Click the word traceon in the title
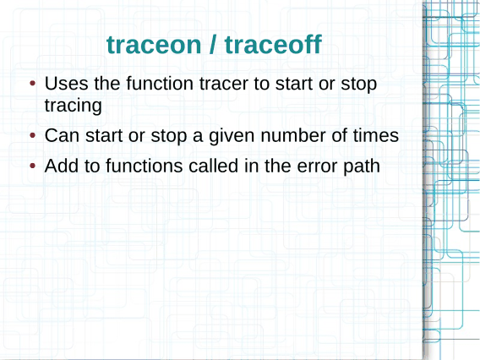pos(154,46)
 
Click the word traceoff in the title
pos(273,45)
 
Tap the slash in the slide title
pos(213,45)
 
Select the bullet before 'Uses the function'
pos(33,84)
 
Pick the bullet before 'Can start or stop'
pos(33,135)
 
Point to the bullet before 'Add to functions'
pos(33,166)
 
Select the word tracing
pos(74,106)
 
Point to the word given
pos(232,136)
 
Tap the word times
pos(376,135)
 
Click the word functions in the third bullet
pos(145,166)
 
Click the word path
pos(362,166)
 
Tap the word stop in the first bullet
pos(359,85)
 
